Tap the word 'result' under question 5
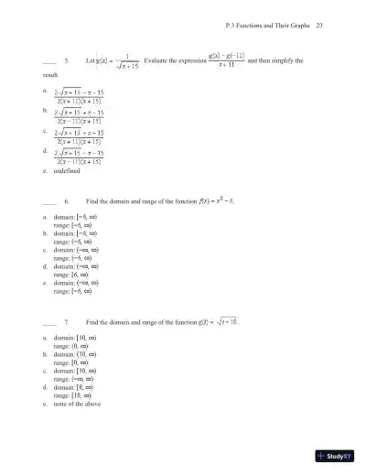click(51, 74)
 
